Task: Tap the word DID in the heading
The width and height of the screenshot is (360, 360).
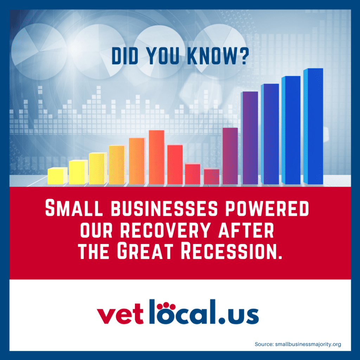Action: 125,56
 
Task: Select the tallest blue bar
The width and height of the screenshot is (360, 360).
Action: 313,126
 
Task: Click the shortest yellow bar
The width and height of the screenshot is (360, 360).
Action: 57,176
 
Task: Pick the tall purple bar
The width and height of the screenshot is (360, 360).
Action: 250,138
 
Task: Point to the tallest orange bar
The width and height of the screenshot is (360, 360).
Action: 156,157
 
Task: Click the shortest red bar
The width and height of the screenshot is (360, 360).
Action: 211,176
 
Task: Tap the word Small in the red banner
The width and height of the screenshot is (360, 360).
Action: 74,208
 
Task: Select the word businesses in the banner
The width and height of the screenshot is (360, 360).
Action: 164,208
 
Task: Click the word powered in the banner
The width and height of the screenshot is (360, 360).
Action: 267,208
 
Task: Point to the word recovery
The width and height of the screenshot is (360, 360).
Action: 165,230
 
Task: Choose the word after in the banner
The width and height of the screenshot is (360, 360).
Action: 246,230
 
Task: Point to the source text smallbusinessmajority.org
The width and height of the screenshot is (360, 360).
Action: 308,344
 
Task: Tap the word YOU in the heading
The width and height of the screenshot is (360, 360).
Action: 162,56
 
